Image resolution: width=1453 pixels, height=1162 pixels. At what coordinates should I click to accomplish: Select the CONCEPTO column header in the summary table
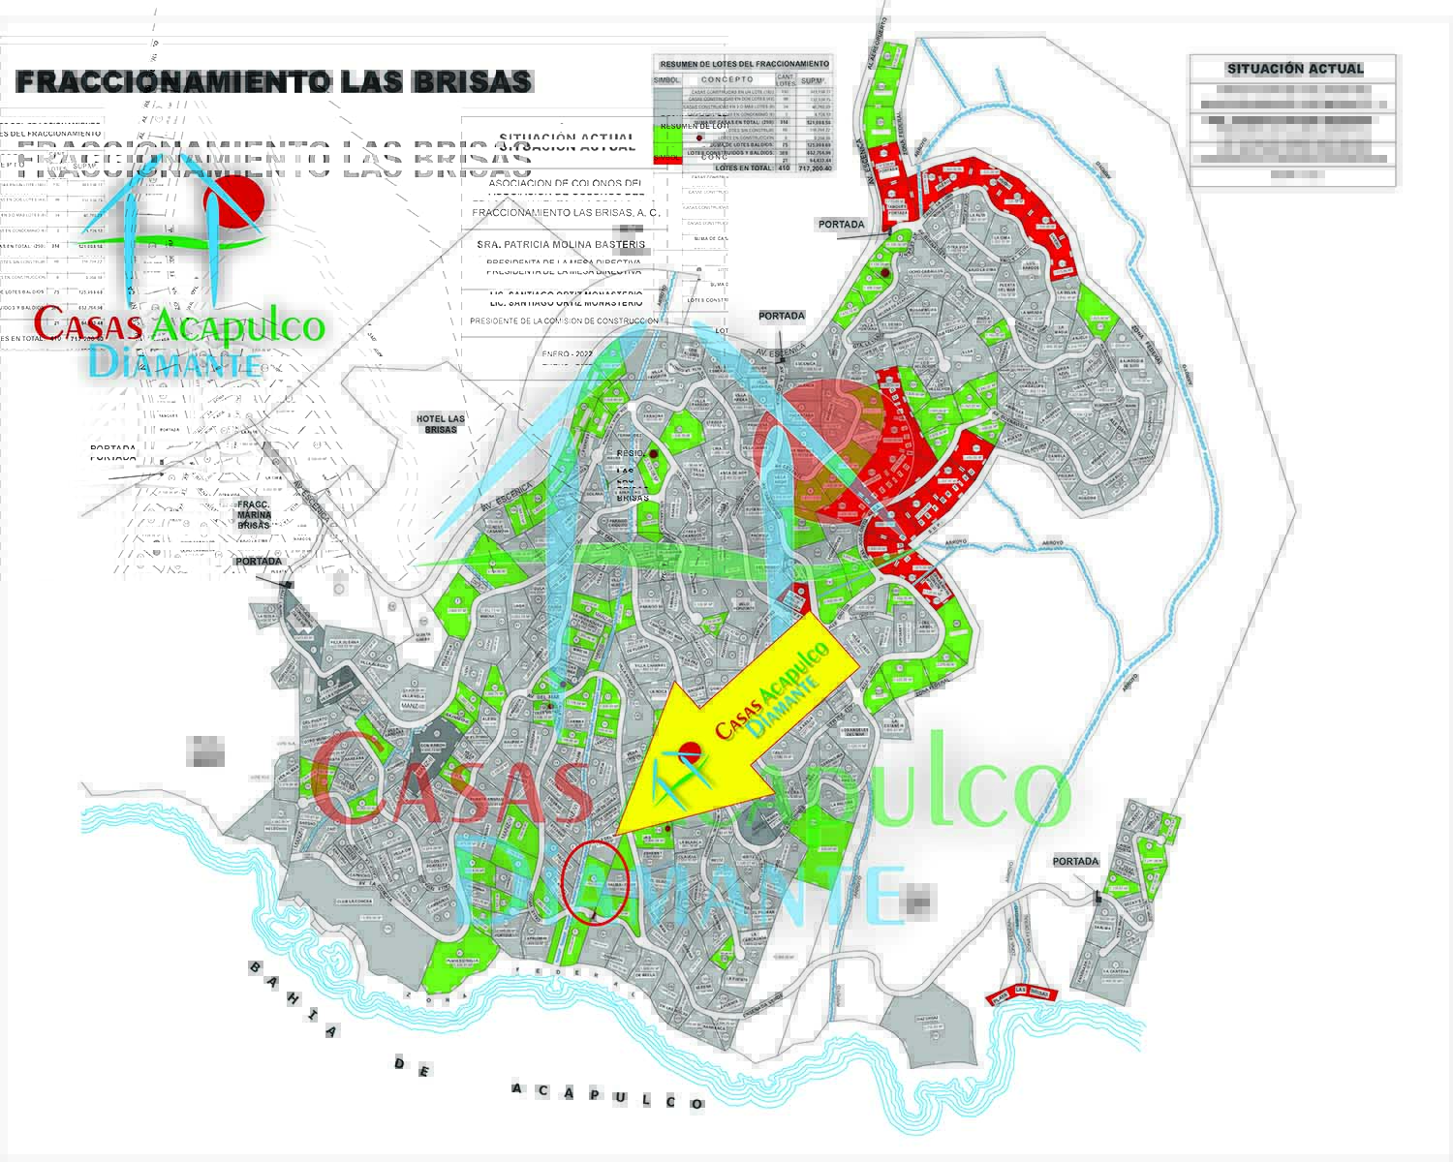(726, 79)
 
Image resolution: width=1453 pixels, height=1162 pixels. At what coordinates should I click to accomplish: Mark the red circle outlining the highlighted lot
(595, 883)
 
